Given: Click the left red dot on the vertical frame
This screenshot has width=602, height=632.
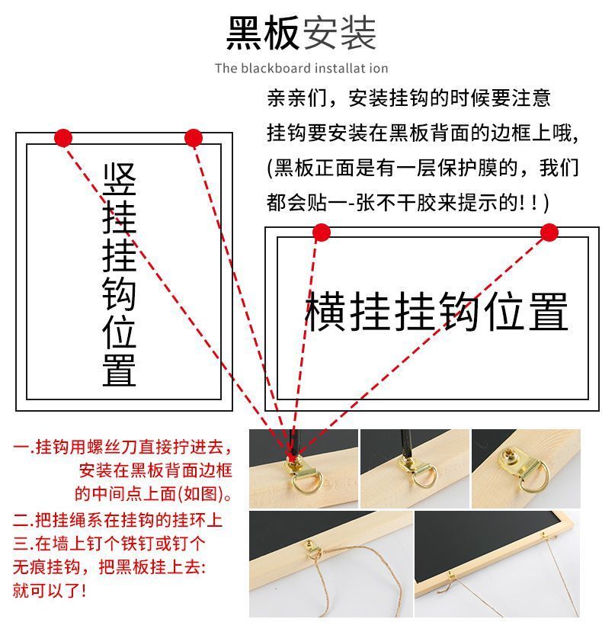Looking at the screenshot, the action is click(x=63, y=138).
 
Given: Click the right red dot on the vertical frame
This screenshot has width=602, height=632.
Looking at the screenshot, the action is click(x=194, y=138).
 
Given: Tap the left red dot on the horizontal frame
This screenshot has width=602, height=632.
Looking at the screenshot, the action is click(x=322, y=233).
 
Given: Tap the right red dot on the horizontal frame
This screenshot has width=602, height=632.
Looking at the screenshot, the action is click(x=549, y=233).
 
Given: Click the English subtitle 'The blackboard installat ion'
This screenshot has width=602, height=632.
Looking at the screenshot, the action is click(x=302, y=68).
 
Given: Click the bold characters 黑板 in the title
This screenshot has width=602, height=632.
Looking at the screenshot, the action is click(x=263, y=33).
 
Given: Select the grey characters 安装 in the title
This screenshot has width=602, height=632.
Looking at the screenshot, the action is click(x=339, y=33).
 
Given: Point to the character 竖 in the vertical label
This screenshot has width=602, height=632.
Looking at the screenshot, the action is click(x=120, y=180).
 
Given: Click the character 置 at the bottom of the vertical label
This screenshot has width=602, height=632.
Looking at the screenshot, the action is click(x=120, y=370).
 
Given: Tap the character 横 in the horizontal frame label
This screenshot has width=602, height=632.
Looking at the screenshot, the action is click(x=325, y=312).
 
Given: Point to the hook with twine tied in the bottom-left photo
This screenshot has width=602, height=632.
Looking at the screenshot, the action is click(x=312, y=549).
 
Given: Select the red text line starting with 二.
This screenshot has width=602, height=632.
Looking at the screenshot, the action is click(x=117, y=520).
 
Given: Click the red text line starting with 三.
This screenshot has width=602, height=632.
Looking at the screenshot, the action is click(x=109, y=544).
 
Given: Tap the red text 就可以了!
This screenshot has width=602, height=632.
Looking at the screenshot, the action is click(x=50, y=591).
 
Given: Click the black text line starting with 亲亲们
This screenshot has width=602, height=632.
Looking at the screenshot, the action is click(x=408, y=98).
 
